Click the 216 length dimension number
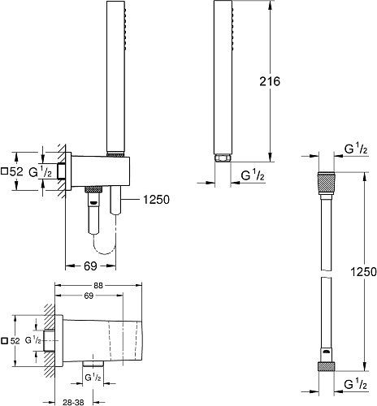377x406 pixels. (x=270, y=81)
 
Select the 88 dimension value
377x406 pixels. (x=98, y=286)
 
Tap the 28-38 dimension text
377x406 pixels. (x=73, y=403)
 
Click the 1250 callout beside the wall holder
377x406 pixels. (x=156, y=200)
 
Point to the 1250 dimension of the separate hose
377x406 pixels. (x=363, y=271)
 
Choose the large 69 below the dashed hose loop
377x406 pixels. (x=90, y=266)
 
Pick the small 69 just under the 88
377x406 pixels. (x=89, y=296)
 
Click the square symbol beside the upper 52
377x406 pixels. (x=4, y=171)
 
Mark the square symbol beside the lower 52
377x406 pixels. (x=4, y=341)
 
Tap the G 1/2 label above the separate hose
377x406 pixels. (x=356, y=149)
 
